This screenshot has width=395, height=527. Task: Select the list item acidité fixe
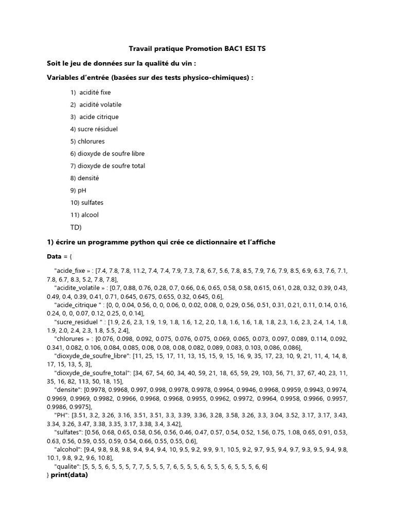[x=95, y=93]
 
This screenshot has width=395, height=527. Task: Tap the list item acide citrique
[x=99, y=117]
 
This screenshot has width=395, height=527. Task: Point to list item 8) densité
[x=84, y=178]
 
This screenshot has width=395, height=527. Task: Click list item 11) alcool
[x=84, y=215]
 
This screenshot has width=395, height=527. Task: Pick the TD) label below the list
[x=76, y=227]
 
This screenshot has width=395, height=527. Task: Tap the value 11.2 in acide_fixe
[x=154, y=270]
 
